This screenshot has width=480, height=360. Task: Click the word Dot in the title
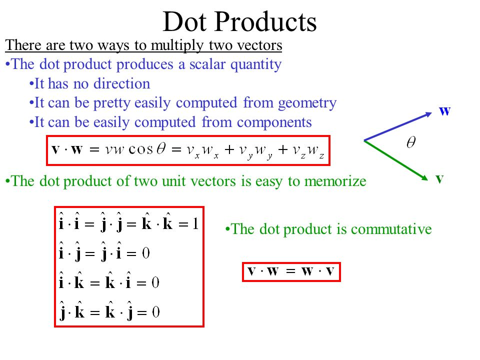click(184, 21)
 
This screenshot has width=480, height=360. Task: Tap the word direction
click(122, 83)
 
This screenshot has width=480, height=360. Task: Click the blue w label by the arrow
click(445, 111)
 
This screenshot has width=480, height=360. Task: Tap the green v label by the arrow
click(439, 178)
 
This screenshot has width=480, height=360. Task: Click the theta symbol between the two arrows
click(411, 142)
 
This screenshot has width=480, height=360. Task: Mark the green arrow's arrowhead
click(424, 178)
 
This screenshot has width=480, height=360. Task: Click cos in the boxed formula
click(140, 149)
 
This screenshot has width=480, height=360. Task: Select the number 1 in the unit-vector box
click(195, 224)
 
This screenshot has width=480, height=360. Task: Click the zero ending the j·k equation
click(156, 312)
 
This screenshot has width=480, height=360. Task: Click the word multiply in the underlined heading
click(177, 46)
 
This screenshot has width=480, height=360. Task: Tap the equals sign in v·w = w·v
click(290, 271)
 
